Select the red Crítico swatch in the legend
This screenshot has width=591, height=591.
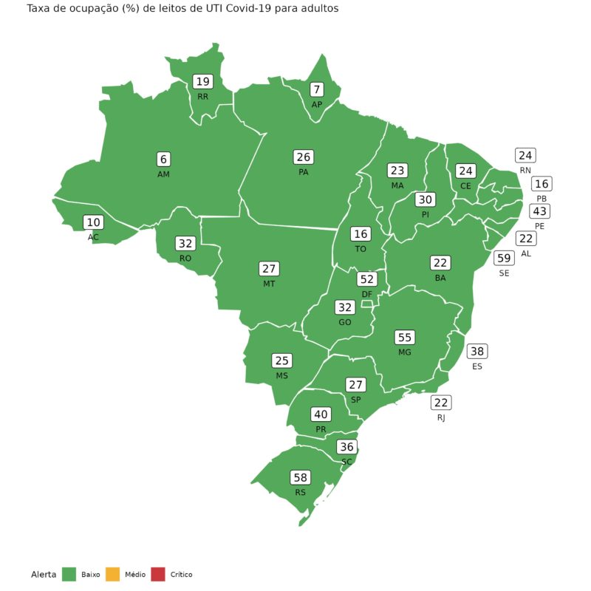pyautogui.click(x=157, y=574)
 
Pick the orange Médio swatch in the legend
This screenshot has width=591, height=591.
pyautogui.click(x=112, y=574)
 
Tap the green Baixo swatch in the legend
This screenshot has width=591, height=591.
pyautogui.click(x=69, y=574)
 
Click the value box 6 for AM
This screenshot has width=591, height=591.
pyautogui.click(x=163, y=159)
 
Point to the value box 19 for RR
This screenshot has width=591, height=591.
pyautogui.click(x=202, y=82)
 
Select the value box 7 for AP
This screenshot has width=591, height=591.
pyautogui.click(x=317, y=89)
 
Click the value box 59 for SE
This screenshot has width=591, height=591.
pyautogui.click(x=504, y=258)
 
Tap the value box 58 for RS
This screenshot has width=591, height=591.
pyautogui.click(x=300, y=477)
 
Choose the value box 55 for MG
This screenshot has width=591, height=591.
pyautogui.click(x=404, y=337)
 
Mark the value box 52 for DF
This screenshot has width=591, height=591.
pyautogui.click(x=366, y=279)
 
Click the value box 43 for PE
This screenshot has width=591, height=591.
pyautogui.click(x=539, y=211)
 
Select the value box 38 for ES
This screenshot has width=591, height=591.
pyautogui.click(x=477, y=352)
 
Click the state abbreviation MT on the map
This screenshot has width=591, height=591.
pyautogui.click(x=269, y=284)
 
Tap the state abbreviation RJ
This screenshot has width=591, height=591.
pyautogui.click(x=441, y=417)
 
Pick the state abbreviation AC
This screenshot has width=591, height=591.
pyautogui.click(x=93, y=237)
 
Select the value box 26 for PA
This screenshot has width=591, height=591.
pyautogui.click(x=303, y=157)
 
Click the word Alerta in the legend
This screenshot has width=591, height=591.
pyautogui.click(x=44, y=574)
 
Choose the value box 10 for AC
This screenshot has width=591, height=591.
pyautogui.click(x=93, y=222)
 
